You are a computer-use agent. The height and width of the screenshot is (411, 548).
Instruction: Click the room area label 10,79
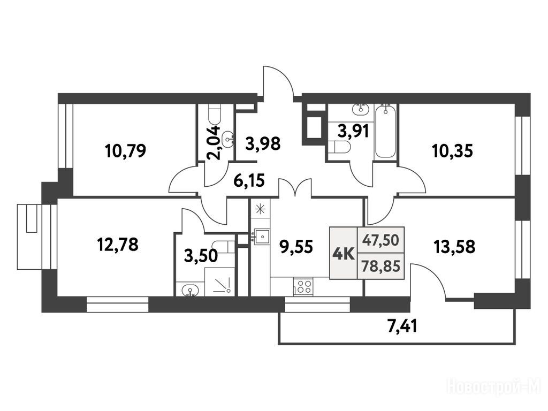coord(125,150)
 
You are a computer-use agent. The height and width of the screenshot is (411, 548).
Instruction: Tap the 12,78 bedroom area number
coord(118,244)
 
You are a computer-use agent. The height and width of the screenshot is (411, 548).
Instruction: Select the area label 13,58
coord(454,247)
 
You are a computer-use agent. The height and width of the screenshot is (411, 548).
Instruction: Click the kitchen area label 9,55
coord(296,247)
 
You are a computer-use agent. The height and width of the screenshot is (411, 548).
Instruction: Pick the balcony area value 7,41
coord(402,328)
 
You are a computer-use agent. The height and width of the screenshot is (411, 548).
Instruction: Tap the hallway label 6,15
coord(249,181)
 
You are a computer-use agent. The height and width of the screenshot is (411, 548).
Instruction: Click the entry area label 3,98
coord(263,143)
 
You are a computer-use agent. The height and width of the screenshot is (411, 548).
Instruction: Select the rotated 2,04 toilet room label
coord(214,142)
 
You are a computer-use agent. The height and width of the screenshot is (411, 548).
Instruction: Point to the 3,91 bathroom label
coord(353,132)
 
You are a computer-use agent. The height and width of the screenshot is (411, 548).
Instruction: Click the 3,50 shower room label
coord(201,256)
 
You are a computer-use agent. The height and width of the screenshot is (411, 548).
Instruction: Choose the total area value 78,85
coord(381,267)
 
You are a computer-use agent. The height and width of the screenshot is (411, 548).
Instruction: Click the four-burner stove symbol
coord(303,287)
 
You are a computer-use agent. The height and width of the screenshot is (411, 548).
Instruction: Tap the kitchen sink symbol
coord(261,236)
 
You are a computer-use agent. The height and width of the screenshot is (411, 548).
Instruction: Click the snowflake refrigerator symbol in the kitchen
coord(260,209)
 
